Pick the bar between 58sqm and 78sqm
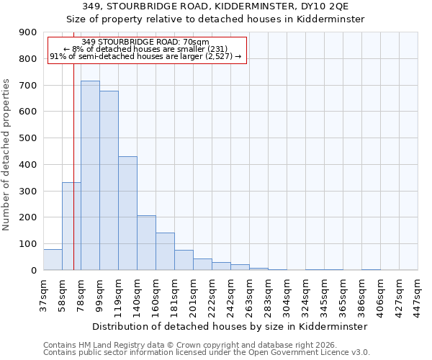(x=71, y=226)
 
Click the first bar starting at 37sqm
(x=53, y=260)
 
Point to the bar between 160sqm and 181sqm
(x=165, y=251)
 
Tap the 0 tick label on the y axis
(x=34, y=271)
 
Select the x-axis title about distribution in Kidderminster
(x=230, y=326)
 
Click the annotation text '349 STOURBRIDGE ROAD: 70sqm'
(x=145, y=42)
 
